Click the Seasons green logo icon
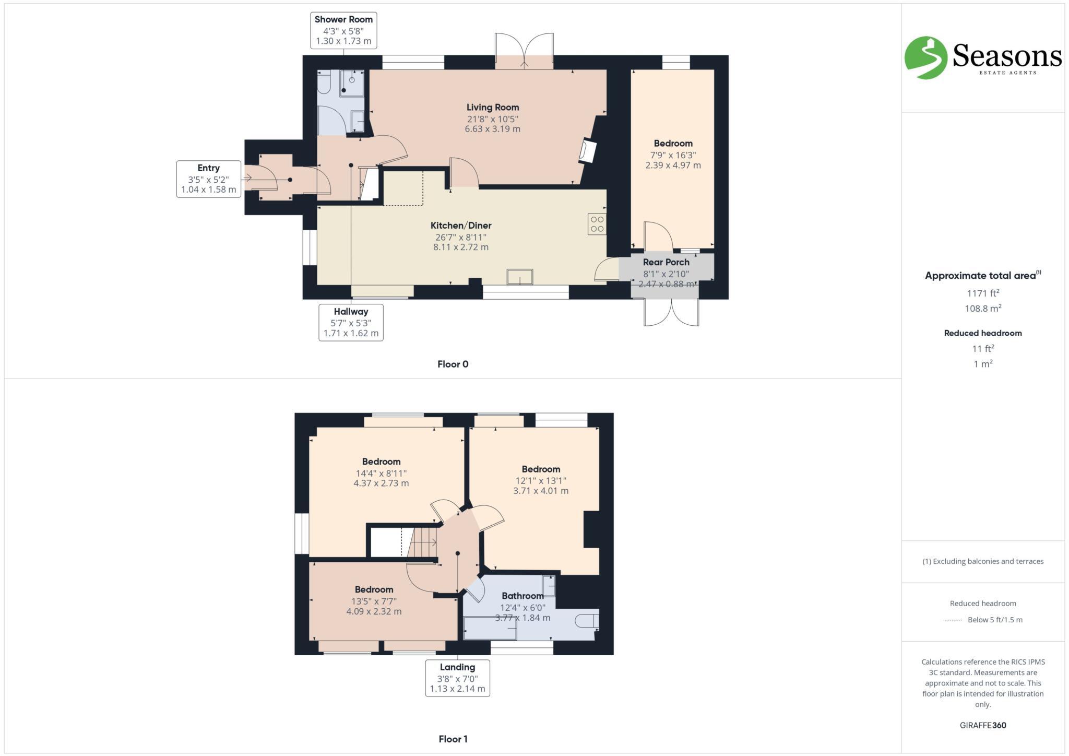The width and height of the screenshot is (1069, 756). (925, 57)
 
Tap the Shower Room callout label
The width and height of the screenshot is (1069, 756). (343, 30)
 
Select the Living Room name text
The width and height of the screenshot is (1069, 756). (493, 108)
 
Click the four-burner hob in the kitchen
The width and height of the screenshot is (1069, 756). (597, 225)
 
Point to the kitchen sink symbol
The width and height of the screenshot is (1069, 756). (520, 277)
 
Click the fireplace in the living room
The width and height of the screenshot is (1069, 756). (588, 152)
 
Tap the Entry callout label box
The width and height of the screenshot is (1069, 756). (209, 179)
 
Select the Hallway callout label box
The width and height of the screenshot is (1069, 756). (351, 322)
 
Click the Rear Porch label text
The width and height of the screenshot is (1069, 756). (666, 262)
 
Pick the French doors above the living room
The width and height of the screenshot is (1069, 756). (524, 51)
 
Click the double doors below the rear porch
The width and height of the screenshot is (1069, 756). (671, 312)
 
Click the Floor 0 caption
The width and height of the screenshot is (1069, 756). (453, 364)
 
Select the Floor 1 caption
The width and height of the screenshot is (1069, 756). (453, 739)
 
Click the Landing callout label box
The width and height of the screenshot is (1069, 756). (457, 678)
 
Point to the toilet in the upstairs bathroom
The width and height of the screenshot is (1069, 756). (587, 621)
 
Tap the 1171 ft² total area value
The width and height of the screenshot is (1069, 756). (983, 293)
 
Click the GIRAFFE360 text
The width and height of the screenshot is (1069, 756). (983, 725)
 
